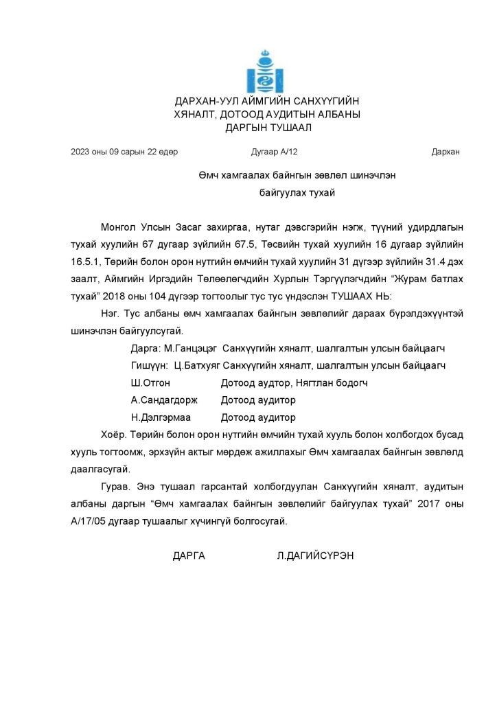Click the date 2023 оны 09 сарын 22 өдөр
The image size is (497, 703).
coord(124,152)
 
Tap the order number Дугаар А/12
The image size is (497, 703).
coord(270,152)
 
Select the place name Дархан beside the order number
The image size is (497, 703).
coord(446,152)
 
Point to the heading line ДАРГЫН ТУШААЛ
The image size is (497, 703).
coord(267,127)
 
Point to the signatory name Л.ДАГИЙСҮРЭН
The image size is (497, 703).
coord(314,555)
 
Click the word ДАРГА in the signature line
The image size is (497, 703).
coord(189,555)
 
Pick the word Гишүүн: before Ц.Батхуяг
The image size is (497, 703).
coord(148,365)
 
